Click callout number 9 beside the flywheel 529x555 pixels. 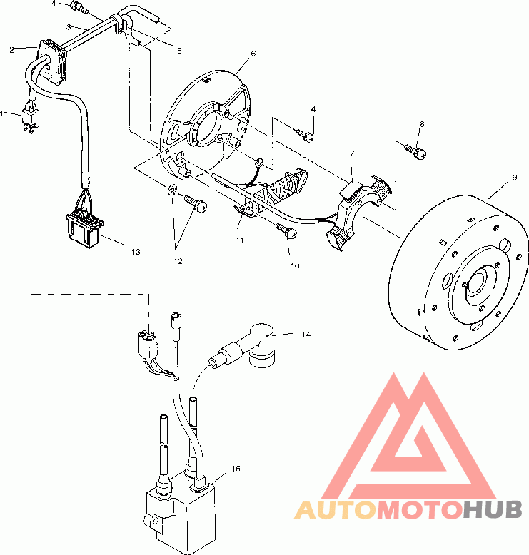pyautogui.click(x=515, y=178)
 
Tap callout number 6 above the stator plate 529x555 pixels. pyautogui.click(x=253, y=53)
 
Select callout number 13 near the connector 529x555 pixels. pyautogui.click(x=136, y=252)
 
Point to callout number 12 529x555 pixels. pyautogui.click(x=178, y=261)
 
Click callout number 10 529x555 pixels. pyautogui.click(x=295, y=265)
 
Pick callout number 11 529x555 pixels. pyautogui.click(x=240, y=240)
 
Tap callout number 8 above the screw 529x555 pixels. pyautogui.click(x=422, y=124)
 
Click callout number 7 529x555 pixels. pyautogui.click(x=352, y=153)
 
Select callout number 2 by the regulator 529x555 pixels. pyautogui.click(x=11, y=50)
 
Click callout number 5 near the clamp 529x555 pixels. pyautogui.click(x=179, y=51)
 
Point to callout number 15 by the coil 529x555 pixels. pyautogui.click(x=236, y=469)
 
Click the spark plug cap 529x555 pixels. pyautogui.click(x=248, y=345)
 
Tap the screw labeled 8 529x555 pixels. pyautogui.click(x=416, y=151)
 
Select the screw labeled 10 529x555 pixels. pyautogui.click(x=286, y=230)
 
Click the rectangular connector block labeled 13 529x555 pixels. pyautogui.click(x=84, y=228)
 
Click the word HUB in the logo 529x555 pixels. pyautogui.click(x=493, y=510)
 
